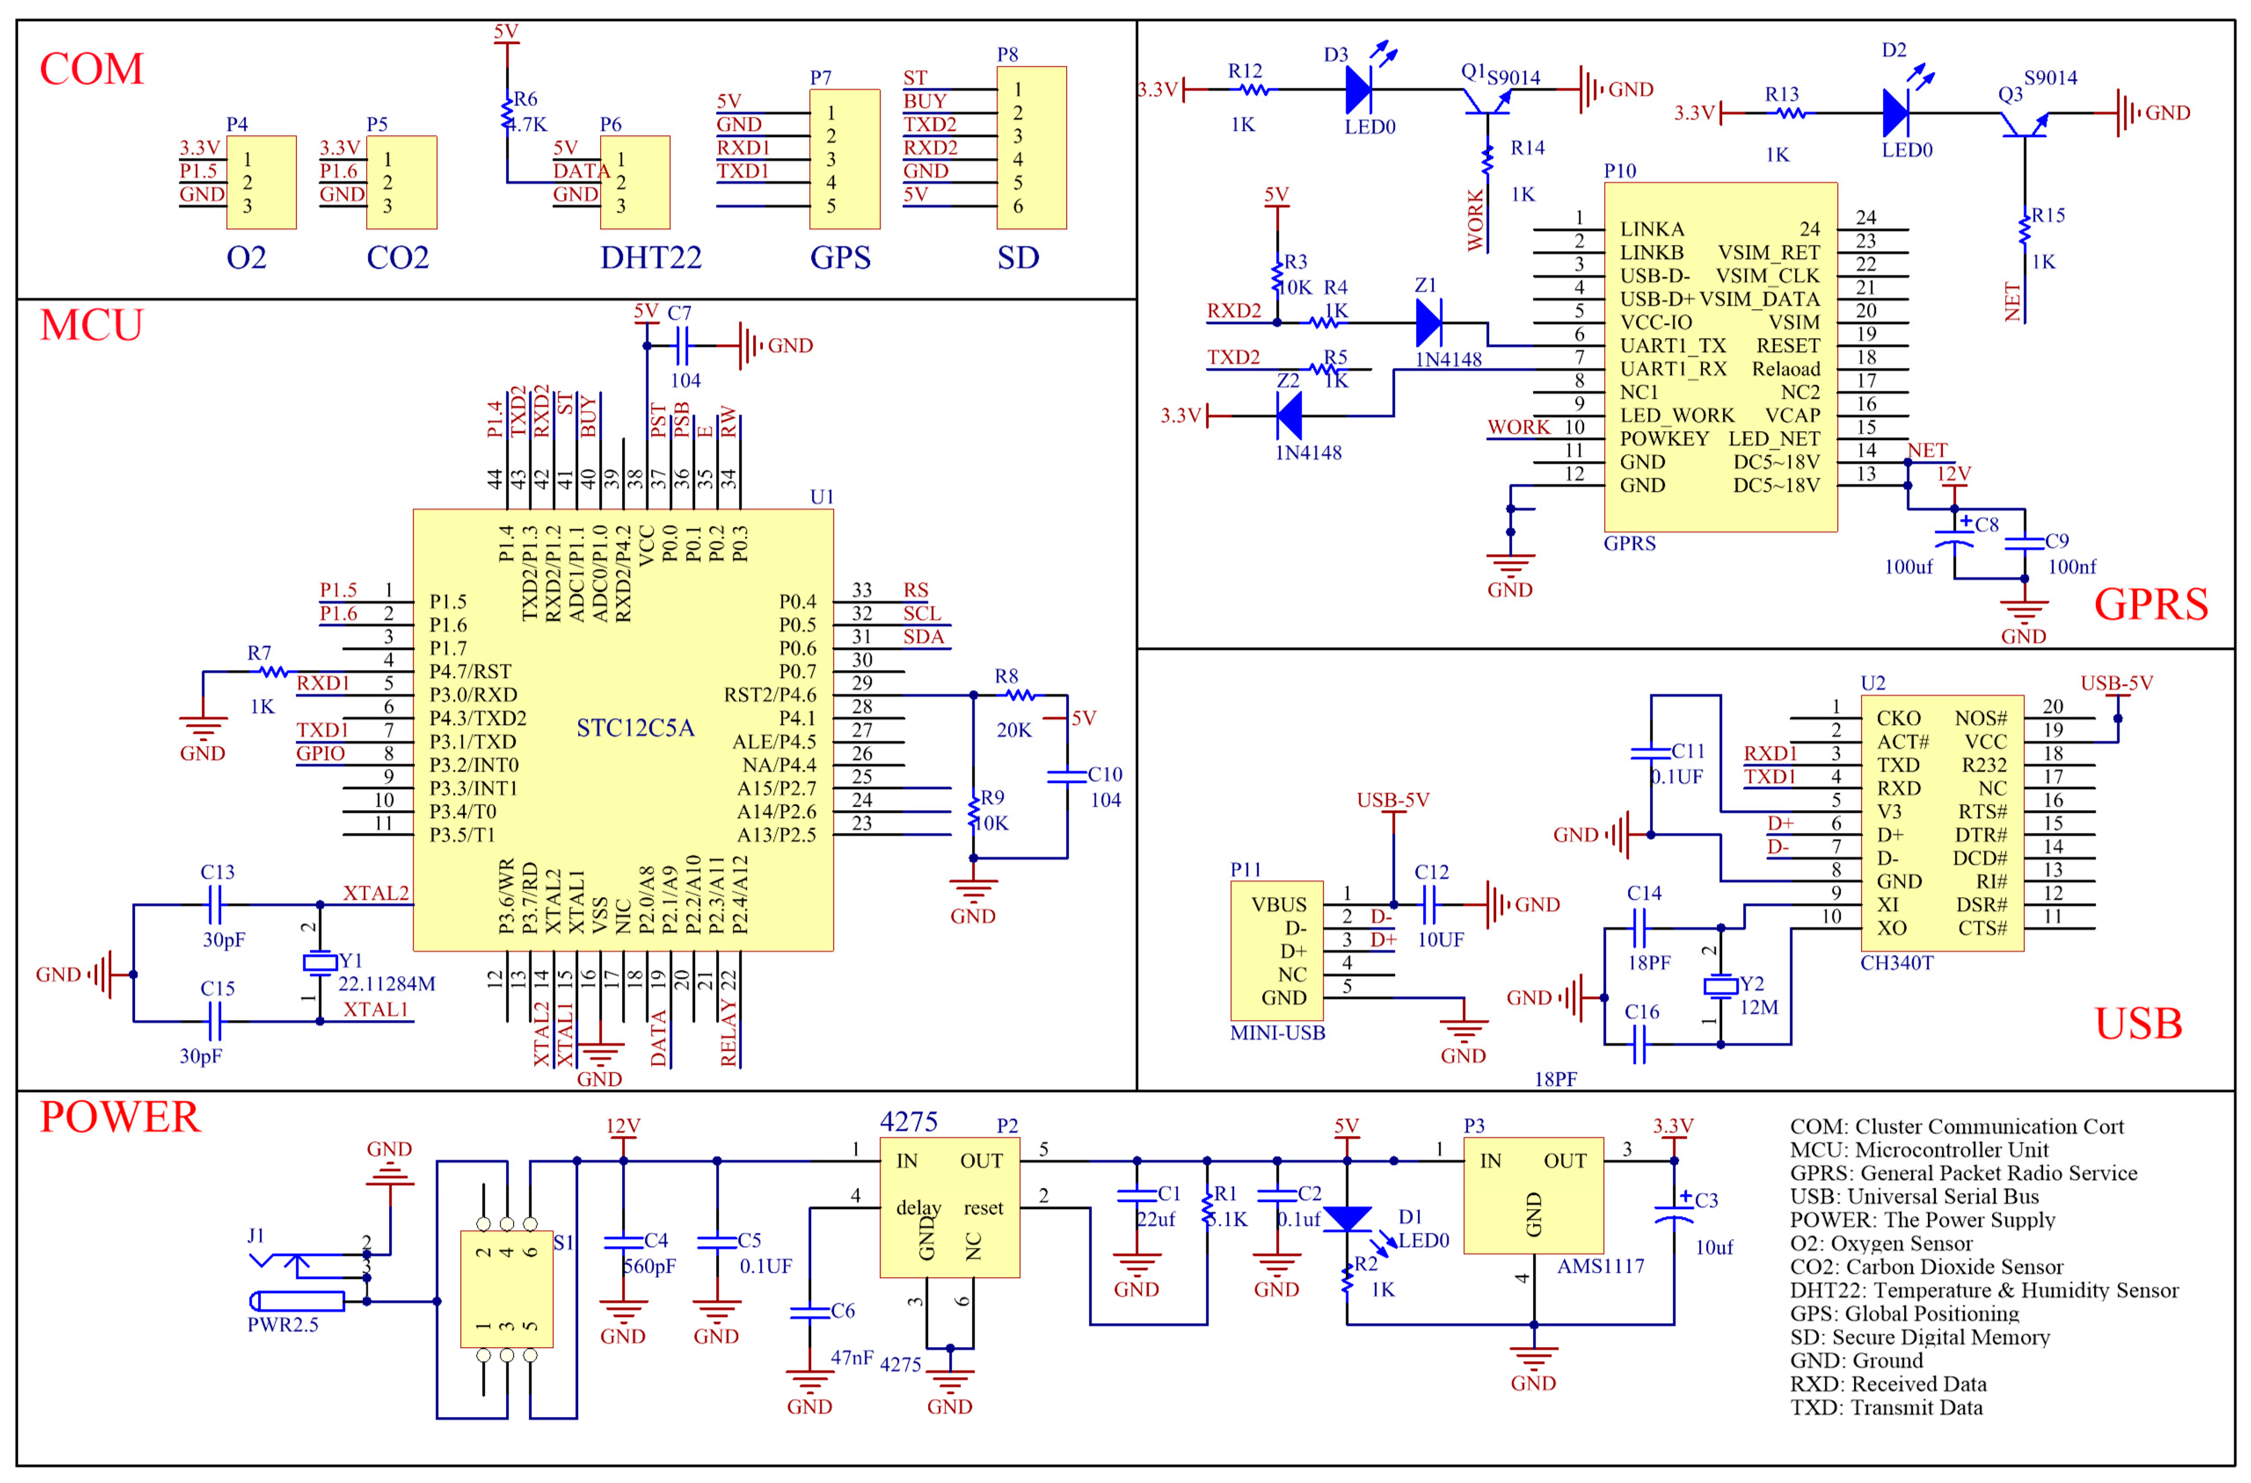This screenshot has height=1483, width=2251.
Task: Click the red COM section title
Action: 92,69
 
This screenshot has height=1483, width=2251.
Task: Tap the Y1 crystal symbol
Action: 320,963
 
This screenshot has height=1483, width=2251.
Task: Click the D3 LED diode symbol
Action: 1359,90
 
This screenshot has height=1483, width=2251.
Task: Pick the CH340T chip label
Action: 1896,963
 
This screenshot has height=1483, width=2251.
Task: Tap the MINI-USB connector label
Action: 1277,1033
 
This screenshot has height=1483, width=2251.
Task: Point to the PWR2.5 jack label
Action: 283,1324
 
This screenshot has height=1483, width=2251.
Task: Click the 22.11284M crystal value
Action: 387,984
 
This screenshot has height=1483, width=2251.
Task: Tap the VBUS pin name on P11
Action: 1279,904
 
